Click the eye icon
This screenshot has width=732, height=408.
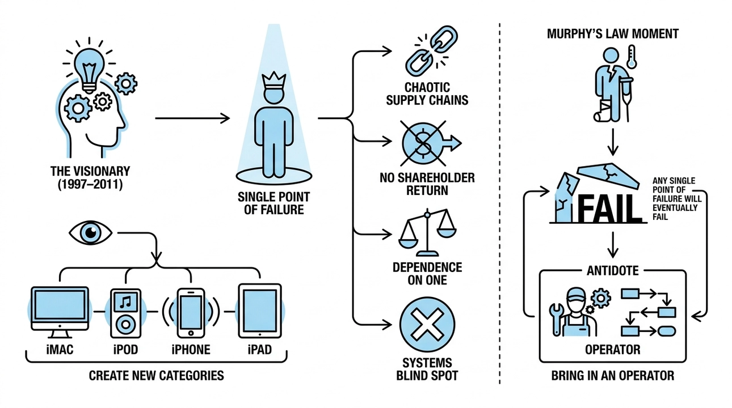coord(91,232)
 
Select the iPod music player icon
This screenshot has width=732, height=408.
coord(126,312)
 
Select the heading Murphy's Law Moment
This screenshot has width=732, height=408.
coord(613,33)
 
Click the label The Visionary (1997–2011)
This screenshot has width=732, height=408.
coord(90,177)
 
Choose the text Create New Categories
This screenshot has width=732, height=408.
coord(157,375)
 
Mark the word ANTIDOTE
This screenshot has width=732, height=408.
coord(613,270)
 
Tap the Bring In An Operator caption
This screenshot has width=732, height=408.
coord(613,376)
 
